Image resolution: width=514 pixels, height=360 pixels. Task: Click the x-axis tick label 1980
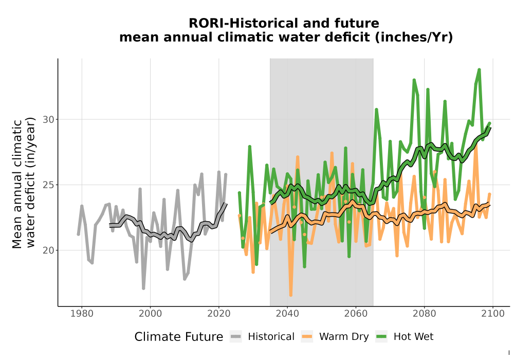point(82,314)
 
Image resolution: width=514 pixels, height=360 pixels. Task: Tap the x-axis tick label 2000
point(150,314)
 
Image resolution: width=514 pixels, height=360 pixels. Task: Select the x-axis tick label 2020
point(218,314)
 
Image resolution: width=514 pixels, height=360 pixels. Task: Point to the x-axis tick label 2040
point(287,314)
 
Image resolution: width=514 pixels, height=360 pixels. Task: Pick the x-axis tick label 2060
point(356,314)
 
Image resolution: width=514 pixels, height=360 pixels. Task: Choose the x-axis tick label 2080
point(424,314)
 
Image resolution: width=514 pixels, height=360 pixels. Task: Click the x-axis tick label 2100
point(493,314)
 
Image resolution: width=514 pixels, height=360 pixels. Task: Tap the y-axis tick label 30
point(48,119)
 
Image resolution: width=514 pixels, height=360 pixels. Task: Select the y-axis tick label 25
point(48,185)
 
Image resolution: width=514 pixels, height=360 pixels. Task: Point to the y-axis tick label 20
point(48,250)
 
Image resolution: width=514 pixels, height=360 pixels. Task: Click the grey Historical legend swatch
point(236,336)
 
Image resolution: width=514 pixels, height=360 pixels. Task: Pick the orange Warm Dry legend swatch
point(307,336)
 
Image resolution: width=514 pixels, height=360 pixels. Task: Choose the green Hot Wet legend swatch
point(381,336)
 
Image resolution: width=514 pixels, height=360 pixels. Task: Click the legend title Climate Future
point(179,337)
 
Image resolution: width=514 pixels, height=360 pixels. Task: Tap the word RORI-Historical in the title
point(244,23)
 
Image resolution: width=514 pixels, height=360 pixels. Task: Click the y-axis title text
point(24,183)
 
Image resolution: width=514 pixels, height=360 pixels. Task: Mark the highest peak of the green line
point(479,69)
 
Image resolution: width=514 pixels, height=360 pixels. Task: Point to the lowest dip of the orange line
point(291,295)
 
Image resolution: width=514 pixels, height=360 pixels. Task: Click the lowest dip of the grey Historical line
point(143,288)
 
